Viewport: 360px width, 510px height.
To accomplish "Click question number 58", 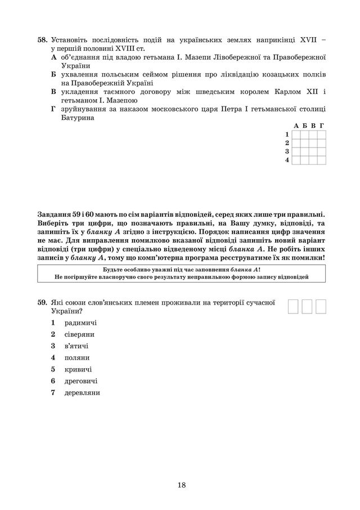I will tap(42, 41).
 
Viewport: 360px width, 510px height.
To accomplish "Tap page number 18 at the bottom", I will tap(181, 485).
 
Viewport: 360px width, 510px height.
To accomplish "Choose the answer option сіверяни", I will tap(81, 334).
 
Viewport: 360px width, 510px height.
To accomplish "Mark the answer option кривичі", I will tap(78, 369).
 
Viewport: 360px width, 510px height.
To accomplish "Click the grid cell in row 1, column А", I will tap(296, 135).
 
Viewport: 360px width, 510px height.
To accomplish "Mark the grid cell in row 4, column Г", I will tap(322, 160).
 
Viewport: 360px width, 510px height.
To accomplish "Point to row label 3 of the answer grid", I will tap(287, 151).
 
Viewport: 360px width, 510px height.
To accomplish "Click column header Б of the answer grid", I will tap(304, 126).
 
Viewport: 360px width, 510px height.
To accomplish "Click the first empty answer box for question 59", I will tap(294, 306).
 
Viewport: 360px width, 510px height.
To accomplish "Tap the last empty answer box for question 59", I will tap(321, 306).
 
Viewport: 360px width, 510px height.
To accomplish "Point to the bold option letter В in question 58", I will tap(53, 91).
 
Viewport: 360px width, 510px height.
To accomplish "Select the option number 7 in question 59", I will tap(52, 393).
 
